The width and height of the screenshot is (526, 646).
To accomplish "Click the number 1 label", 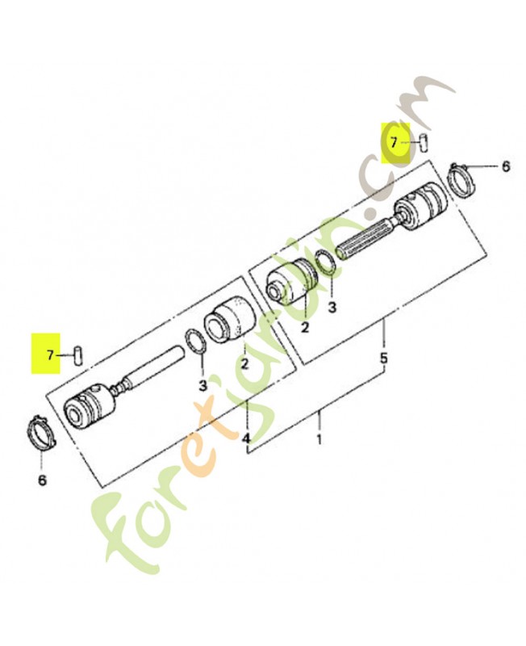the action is pos(319,439).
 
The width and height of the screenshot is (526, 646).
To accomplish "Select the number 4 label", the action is pos(246,438).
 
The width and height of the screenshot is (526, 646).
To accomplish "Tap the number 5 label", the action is pos(383,358).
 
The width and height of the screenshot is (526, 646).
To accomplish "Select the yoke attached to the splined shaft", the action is pos(420,205).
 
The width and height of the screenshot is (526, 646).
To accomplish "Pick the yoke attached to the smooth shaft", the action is pos(90,406).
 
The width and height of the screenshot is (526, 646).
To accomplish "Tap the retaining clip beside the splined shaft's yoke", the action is pos(461,180).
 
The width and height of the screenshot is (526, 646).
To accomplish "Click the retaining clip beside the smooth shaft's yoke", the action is pos(41,433).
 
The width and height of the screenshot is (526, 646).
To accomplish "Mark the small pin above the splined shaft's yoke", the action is pos(424,143).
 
